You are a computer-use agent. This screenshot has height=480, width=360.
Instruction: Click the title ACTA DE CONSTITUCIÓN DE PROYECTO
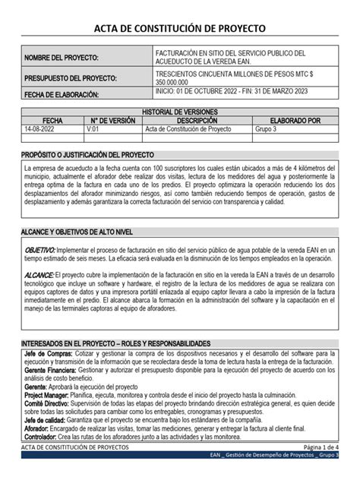180,28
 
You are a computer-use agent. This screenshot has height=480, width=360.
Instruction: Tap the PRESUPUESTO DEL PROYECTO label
71,79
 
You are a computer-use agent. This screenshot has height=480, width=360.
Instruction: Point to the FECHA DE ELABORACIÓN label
62,95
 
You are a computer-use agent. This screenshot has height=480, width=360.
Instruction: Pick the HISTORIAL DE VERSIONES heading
180,112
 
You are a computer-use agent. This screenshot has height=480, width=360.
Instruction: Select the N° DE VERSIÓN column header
112,120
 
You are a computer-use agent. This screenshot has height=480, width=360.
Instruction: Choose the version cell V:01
94,129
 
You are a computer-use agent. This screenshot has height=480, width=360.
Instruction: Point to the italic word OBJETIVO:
40,250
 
